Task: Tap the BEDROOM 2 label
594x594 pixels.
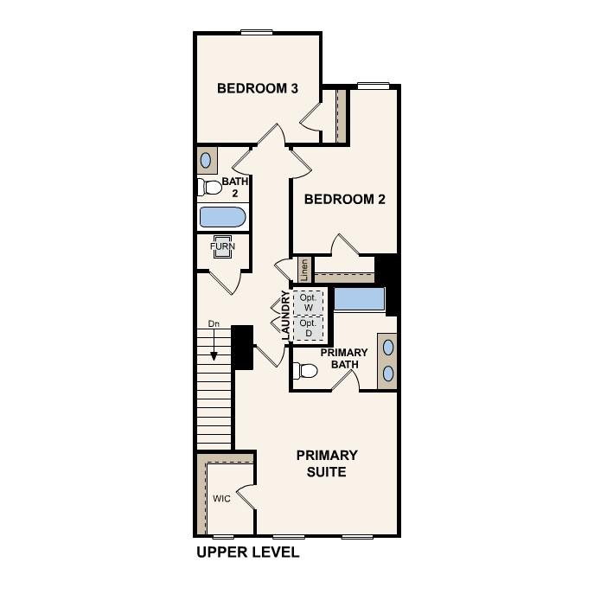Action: [344, 199]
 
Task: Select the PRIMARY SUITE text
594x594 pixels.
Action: [327, 463]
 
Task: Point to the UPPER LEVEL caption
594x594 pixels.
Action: [247, 552]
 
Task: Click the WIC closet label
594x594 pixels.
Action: [221, 499]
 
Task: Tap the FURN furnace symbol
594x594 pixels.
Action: [222, 246]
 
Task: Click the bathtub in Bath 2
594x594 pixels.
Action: [223, 216]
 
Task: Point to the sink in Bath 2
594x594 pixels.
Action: [207, 160]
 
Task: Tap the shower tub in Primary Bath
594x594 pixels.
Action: [360, 300]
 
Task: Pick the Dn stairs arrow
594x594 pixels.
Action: [214, 342]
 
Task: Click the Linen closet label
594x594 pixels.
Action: [304, 270]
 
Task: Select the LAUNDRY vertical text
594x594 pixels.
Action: [285, 316]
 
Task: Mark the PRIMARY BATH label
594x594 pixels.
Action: [344, 359]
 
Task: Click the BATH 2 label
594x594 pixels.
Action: [235, 188]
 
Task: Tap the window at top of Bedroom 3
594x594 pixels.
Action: [257, 33]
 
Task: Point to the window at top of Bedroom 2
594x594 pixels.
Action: [373, 85]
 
